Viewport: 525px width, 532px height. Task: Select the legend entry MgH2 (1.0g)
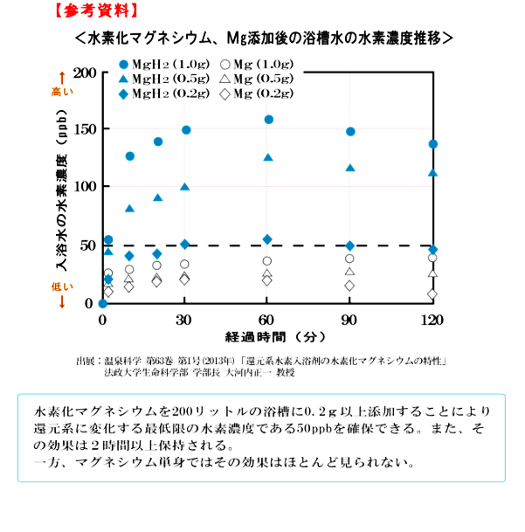click(x=163, y=64)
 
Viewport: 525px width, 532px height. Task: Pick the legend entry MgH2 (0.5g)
click(x=163, y=79)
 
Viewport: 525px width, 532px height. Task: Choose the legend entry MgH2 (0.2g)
click(x=163, y=93)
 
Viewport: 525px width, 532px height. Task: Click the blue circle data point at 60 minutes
click(x=268, y=120)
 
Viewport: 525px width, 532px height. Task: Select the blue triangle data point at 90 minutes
click(x=350, y=168)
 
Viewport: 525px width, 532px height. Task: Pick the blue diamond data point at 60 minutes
click(x=267, y=239)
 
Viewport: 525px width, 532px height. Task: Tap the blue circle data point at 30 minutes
click(x=186, y=130)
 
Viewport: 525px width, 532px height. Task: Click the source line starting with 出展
click(x=262, y=360)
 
